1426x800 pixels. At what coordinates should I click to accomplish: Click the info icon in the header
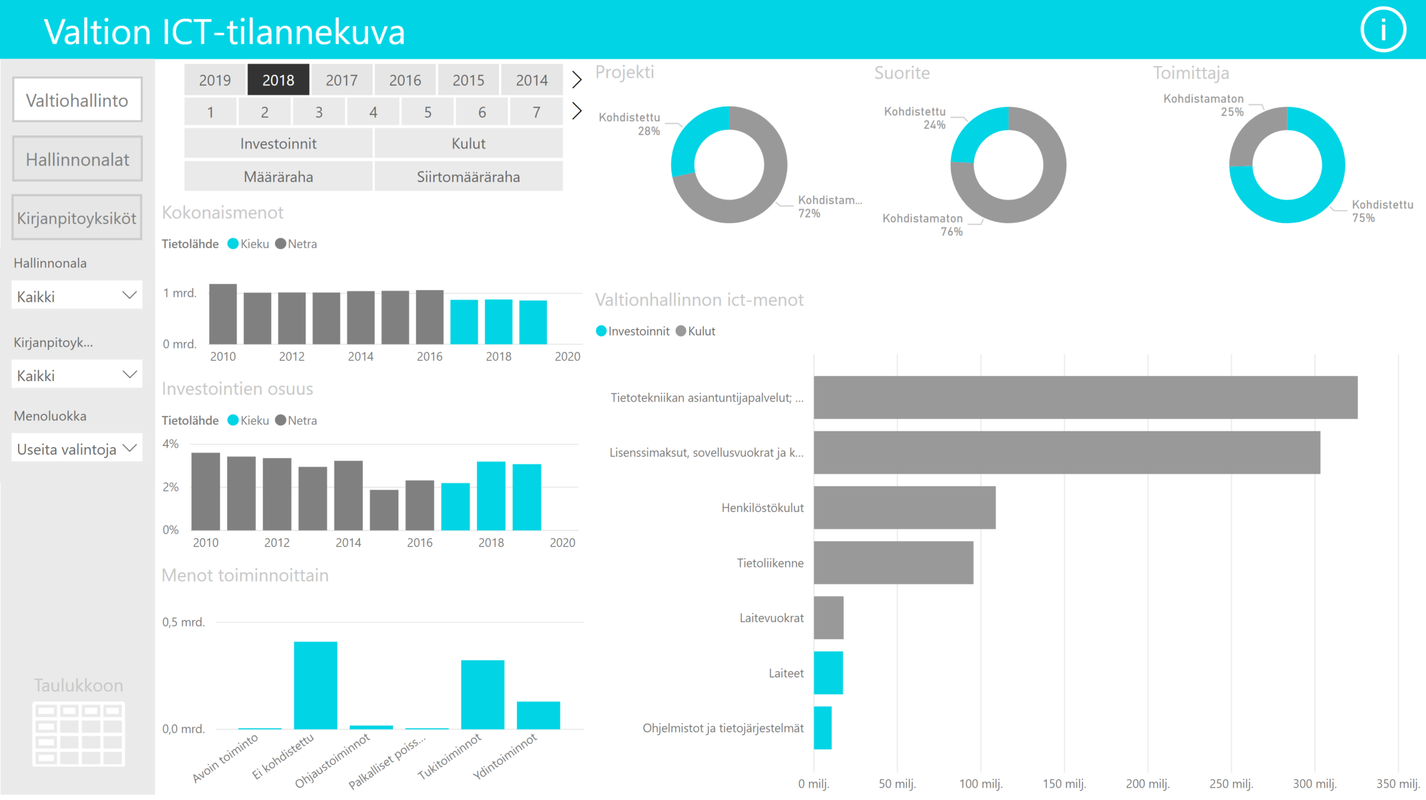pyautogui.click(x=1383, y=29)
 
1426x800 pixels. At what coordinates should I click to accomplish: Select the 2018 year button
pyautogui.click(x=278, y=80)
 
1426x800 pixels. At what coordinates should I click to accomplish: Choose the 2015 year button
pyautogui.click(x=468, y=80)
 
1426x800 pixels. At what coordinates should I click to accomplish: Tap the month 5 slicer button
pyautogui.click(x=428, y=112)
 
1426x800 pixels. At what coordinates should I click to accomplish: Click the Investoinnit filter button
pyautogui.click(x=278, y=143)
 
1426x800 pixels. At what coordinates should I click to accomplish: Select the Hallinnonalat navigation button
pyautogui.click(x=77, y=159)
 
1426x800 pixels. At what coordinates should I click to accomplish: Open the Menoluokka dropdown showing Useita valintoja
pyautogui.click(x=77, y=449)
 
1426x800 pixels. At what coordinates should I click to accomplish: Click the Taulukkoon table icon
pyautogui.click(x=79, y=733)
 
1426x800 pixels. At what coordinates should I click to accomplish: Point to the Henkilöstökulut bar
pyautogui.click(x=904, y=508)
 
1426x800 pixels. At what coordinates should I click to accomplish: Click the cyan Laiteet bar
pyautogui.click(x=828, y=673)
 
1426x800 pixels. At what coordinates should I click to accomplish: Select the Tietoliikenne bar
pyautogui.click(x=893, y=562)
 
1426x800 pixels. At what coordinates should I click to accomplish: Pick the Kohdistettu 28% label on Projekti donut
pyautogui.click(x=631, y=123)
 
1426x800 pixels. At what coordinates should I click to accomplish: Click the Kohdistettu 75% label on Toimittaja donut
pyautogui.click(x=1380, y=211)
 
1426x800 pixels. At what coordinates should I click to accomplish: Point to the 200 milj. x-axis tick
pyautogui.click(x=1147, y=784)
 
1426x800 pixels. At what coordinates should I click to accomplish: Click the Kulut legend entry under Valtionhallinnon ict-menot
pyautogui.click(x=696, y=331)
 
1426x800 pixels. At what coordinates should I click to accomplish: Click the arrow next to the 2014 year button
pyautogui.click(x=577, y=80)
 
